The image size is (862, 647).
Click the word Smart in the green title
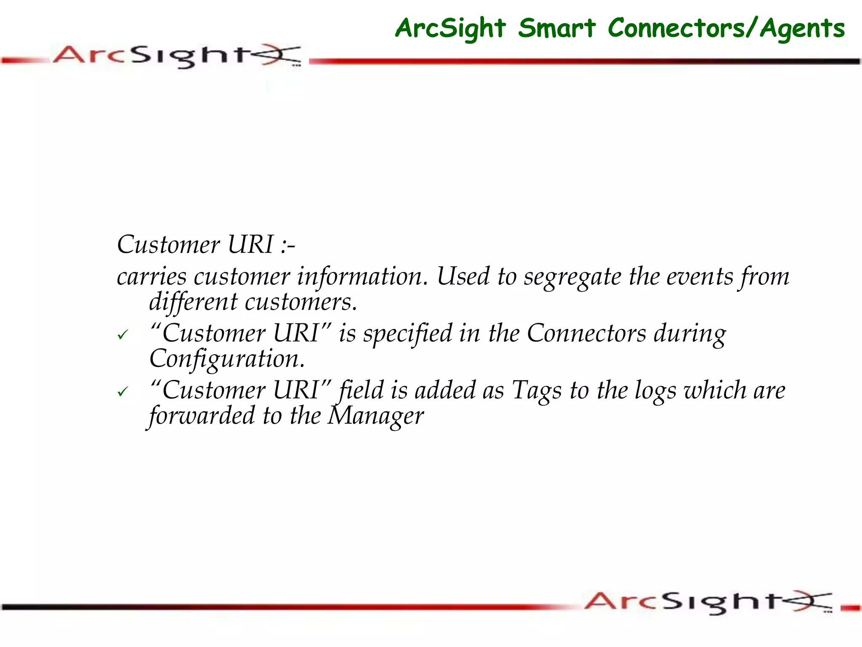(x=556, y=29)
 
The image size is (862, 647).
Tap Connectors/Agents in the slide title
(x=726, y=29)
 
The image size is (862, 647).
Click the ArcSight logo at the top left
(x=177, y=56)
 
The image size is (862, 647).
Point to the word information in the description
(x=362, y=277)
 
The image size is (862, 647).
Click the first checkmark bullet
(x=122, y=335)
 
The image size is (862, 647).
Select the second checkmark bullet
(x=122, y=392)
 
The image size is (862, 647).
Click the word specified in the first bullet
(x=407, y=334)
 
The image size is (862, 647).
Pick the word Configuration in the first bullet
(x=227, y=359)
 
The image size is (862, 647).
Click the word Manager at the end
(x=375, y=416)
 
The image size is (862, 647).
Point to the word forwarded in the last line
(x=202, y=416)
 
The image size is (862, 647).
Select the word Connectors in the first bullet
(x=586, y=334)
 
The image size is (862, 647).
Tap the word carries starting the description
(x=152, y=277)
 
